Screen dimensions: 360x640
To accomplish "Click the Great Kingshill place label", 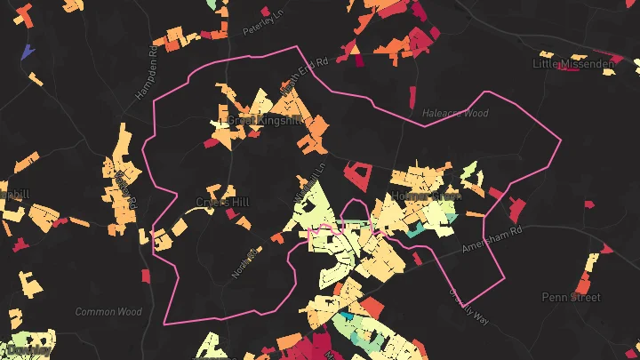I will point(266,119).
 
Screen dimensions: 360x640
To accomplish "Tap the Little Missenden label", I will point(573,64).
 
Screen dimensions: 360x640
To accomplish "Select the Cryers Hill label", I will point(222,203).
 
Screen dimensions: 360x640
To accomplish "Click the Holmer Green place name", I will point(425,196).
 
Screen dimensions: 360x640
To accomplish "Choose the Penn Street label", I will point(571,297).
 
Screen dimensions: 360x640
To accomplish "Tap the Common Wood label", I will point(108,312).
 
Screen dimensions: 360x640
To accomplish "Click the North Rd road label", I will point(244,263).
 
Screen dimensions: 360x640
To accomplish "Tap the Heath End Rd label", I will point(304,75).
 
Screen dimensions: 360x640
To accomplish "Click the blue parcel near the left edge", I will point(27,52).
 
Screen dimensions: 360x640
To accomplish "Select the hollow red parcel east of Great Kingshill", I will point(359,173).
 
